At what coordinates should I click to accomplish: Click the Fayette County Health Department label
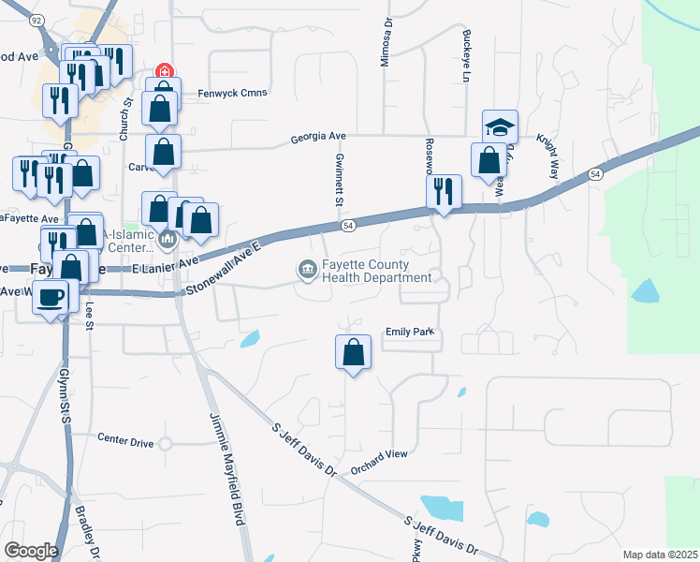coord(377,271)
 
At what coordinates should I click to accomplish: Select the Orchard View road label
coord(379,453)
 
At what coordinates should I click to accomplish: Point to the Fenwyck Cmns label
coord(233,93)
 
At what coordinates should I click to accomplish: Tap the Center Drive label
coord(125,437)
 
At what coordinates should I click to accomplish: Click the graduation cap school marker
coord(500,126)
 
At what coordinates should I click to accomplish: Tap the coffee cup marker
coord(51,297)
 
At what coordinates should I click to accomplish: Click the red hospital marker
coord(164,71)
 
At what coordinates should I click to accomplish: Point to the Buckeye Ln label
coord(465,56)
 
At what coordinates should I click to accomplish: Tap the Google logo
coord(31,551)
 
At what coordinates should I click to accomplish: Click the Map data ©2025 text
coord(659,555)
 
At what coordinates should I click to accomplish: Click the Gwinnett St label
coord(340,181)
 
